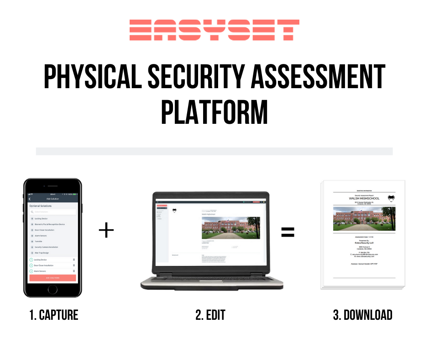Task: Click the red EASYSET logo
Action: [x=214, y=30]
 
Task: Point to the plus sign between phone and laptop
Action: [x=106, y=230]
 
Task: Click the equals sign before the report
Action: [x=288, y=232]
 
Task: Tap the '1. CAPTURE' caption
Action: [x=54, y=315]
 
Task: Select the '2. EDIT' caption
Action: [x=210, y=315]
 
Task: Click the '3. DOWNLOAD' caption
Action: [x=362, y=315]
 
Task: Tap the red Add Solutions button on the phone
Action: [x=52, y=278]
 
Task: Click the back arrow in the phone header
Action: [x=30, y=199]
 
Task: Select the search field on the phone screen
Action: [x=52, y=212]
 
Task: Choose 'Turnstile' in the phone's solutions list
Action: [x=38, y=241]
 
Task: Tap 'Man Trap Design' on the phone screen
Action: [x=42, y=253]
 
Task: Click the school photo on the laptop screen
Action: [x=230, y=227]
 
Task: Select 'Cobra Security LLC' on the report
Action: [x=364, y=243]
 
